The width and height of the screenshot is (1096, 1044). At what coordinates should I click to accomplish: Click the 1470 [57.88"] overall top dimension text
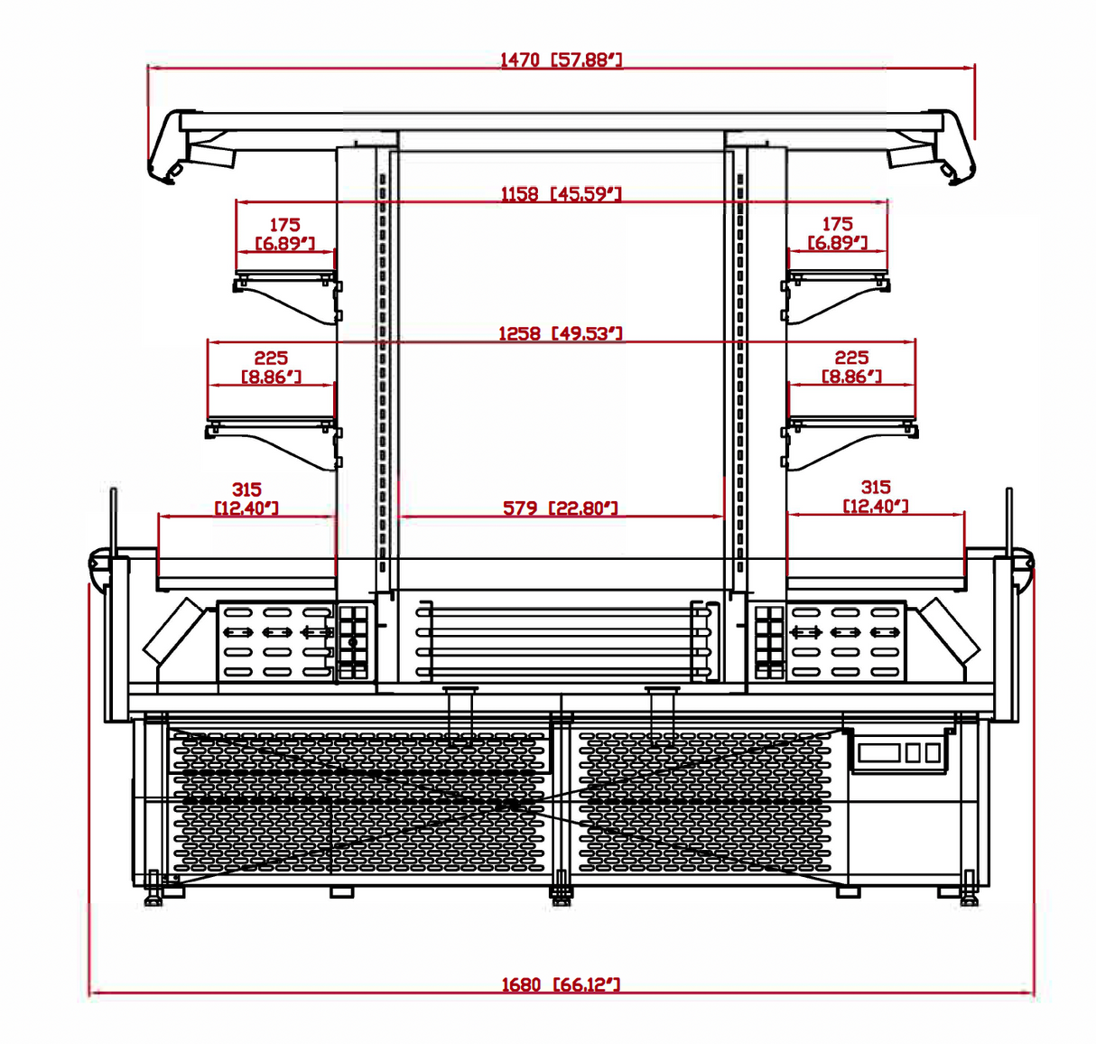click(x=561, y=60)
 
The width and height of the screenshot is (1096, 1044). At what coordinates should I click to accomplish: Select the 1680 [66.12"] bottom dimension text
click(x=561, y=984)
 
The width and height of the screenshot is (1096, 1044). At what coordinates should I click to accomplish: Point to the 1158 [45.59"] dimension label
click(x=561, y=194)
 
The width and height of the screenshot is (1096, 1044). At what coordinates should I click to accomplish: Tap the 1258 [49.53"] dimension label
click(x=561, y=333)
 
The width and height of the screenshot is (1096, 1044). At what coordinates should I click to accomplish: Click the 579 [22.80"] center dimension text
click(x=561, y=508)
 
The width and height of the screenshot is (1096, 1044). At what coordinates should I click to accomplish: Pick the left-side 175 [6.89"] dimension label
click(x=284, y=234)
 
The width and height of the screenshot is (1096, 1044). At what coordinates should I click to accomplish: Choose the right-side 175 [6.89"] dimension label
click(x=837, y=234)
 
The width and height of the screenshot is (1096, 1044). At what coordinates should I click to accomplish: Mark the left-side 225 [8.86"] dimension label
click(x=271, y=368)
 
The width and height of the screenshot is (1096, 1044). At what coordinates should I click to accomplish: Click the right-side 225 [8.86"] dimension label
click(x=851, y=368)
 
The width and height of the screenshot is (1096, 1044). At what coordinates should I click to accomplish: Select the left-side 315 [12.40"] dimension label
click(x=246, y=499)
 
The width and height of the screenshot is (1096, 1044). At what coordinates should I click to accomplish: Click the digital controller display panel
click(x=899, y=752)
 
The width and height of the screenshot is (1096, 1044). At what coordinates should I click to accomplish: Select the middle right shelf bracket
click(x=849, y=443)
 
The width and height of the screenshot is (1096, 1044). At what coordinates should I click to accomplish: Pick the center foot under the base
click(x=561, y=894)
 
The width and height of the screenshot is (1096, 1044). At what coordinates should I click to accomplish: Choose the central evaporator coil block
click(x=562, y=641)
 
